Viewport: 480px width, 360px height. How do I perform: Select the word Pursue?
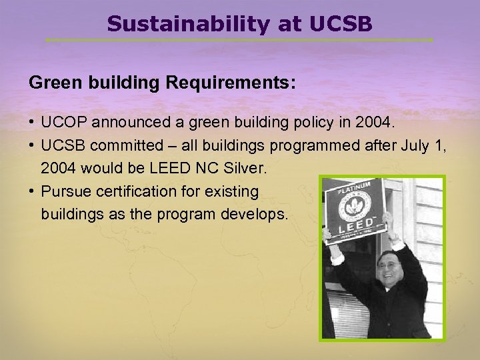(x=63, y=192)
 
